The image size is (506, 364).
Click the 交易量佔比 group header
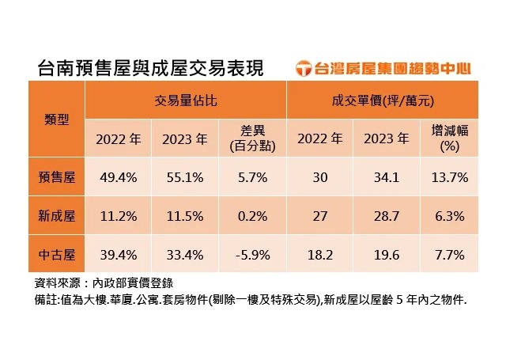click(186, 101)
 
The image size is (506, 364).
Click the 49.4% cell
click(119, 176)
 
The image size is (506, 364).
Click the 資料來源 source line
click(111, 282)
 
